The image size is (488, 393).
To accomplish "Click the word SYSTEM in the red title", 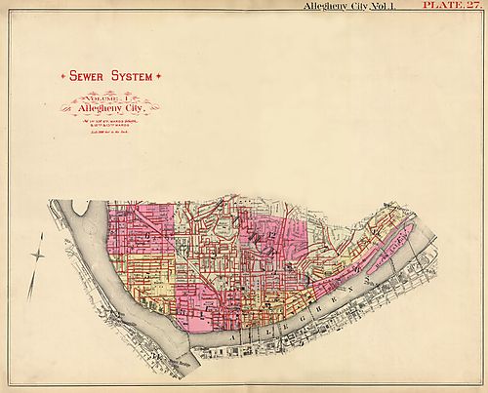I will [x=135, y=76].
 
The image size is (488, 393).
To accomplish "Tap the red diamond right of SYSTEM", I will [x=160, y=76].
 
